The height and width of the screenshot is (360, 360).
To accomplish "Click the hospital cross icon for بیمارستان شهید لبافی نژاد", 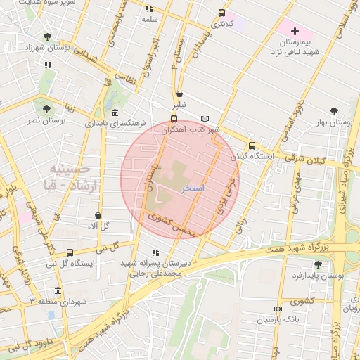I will [295, 31].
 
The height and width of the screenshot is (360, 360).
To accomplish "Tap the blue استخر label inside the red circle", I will [192, 189].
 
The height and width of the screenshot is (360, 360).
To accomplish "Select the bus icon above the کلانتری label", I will [222, 13].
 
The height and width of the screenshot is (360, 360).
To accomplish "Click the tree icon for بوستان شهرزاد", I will [47, 37].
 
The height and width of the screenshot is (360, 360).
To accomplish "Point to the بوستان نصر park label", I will [46, 121].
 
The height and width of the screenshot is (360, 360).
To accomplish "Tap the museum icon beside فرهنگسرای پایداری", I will [115, 113].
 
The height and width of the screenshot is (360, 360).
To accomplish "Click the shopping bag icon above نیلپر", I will [180, 94].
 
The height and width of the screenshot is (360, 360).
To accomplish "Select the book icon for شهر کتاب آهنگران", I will [205, 119].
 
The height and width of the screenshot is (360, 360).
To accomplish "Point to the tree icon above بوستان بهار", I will [334, 111].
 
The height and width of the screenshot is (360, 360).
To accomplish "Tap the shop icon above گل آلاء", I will [98, 215].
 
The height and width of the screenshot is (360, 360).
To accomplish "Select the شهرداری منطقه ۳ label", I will [57, 301].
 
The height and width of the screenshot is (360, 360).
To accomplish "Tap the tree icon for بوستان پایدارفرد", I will [318, 264].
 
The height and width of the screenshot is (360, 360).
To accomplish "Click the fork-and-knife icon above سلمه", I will [148, 8].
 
